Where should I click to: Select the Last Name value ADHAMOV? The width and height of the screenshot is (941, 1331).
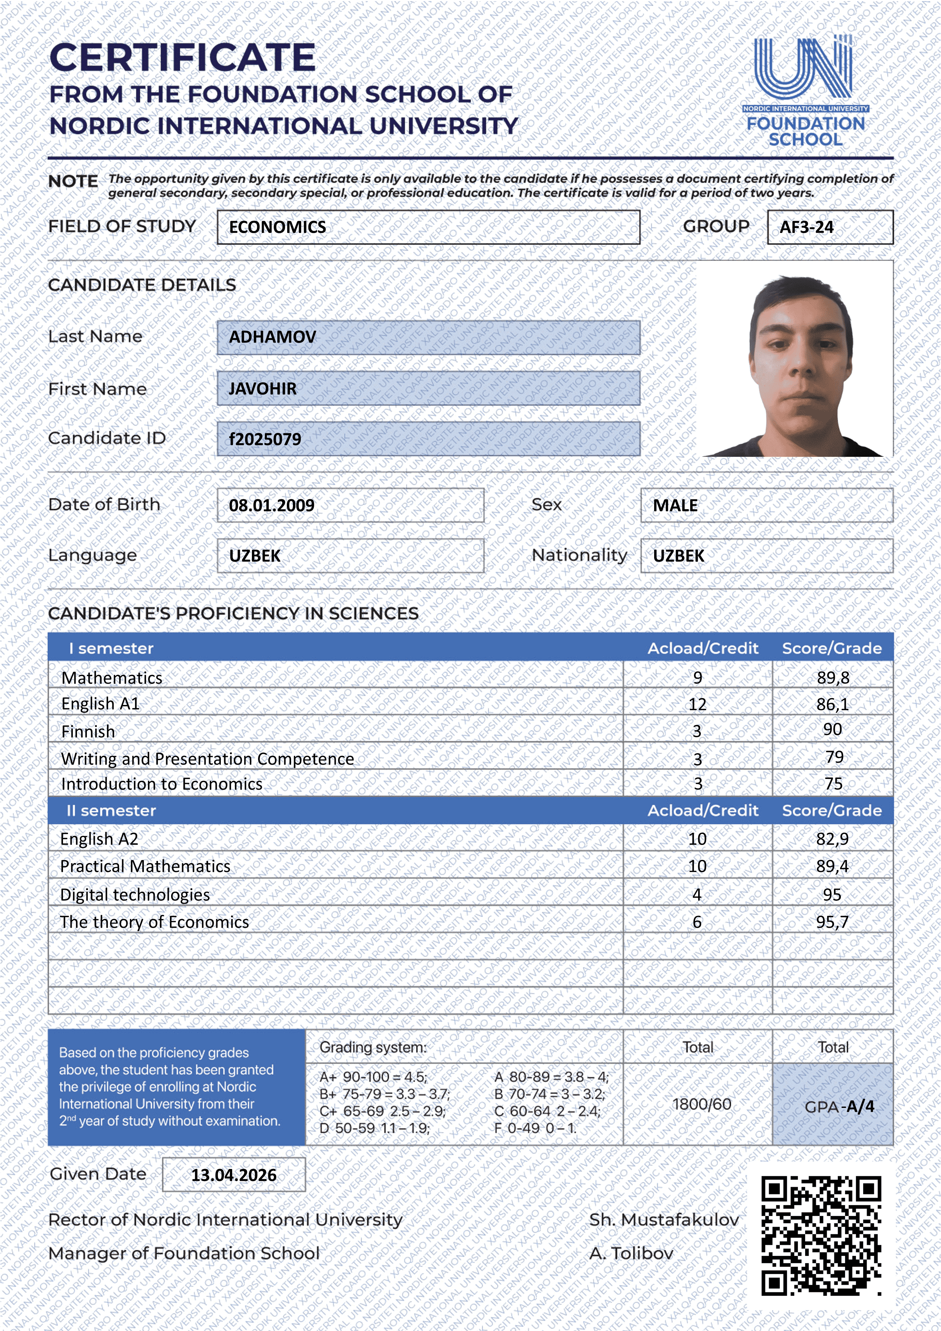click(272, 337)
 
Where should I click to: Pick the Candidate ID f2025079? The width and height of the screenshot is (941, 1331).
click(265, 439)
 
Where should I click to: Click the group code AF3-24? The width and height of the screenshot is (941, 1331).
click(806, 227)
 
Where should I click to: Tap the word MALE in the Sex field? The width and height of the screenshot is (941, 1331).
click(675, 505)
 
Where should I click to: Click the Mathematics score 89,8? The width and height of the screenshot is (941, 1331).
click(832, 678)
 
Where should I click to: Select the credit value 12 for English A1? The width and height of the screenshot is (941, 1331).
click(697, 704)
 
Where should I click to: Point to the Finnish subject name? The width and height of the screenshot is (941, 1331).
click(88, 732)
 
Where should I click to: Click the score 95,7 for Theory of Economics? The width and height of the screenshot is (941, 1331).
click(832, 922)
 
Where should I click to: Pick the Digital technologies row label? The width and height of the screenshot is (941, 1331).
click(135, 895)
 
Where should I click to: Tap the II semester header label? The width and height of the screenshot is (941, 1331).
click(111, 810)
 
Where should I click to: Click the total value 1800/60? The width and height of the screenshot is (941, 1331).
click(702, 1104)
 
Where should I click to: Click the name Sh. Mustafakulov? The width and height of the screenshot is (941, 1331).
click(664, 1220)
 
